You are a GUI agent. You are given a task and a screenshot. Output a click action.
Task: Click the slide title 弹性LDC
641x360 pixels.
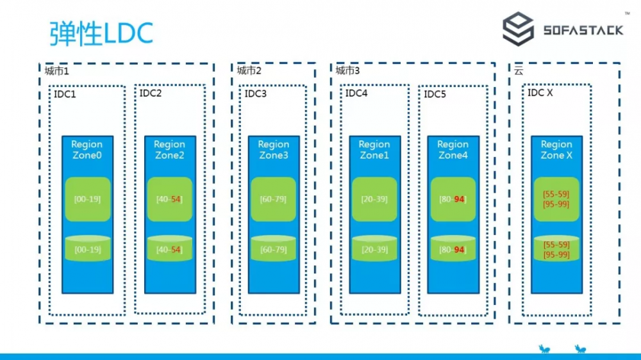pyautogui.click(x=101, y=33)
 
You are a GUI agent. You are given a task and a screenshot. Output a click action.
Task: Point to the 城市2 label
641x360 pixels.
pyautogui.click(x=249, y=70)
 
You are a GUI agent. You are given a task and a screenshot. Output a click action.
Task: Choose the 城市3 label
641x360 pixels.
pyautogui.click(x=348, y=70)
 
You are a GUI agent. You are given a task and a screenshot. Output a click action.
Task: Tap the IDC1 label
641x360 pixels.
pyautogui.click(x=65, y=94)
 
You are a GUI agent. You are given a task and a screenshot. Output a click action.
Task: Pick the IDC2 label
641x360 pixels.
pyautogui.click(x=151, y=94)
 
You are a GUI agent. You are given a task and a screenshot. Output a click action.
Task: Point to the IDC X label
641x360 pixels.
pyautogui.click(x=540, y=93)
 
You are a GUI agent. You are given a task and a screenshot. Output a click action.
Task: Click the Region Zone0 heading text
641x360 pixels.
pyautogui.click(x=87, y=150)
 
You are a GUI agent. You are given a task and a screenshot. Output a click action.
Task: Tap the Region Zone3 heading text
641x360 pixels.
pyautogui.click(x=274, y=150)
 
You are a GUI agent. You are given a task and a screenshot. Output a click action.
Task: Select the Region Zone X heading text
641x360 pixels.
pyautogui.click(x=556, y=150)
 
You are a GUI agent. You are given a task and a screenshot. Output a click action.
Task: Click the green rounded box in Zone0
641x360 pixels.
pyautogui.click(x=87, y=199)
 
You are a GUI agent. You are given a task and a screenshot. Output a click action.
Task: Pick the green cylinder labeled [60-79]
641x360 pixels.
pyautogui.click(x=274, y=249)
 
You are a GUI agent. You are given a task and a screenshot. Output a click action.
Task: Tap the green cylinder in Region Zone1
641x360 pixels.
pyautogui.click(x=374, y=249)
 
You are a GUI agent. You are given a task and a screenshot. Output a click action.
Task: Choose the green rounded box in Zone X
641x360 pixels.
pyautogui.click(x=556, y=199)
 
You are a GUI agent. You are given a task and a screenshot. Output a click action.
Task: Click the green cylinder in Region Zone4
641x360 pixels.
pyautogui.click(x=453, y=249)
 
